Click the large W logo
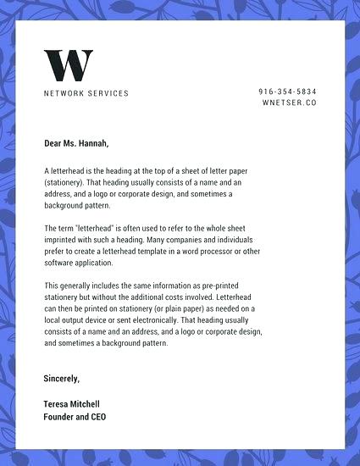tap(68, 66)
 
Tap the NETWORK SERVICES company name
tap(86, 93)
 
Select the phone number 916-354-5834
tap(287, 91)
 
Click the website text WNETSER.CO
tap(289, 103)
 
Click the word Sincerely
tap(61, 378)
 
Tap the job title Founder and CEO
tap(75, 417)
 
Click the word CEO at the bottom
tap(97, 417)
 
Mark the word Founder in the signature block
tap(59, 417)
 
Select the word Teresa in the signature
tap(58, 404)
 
